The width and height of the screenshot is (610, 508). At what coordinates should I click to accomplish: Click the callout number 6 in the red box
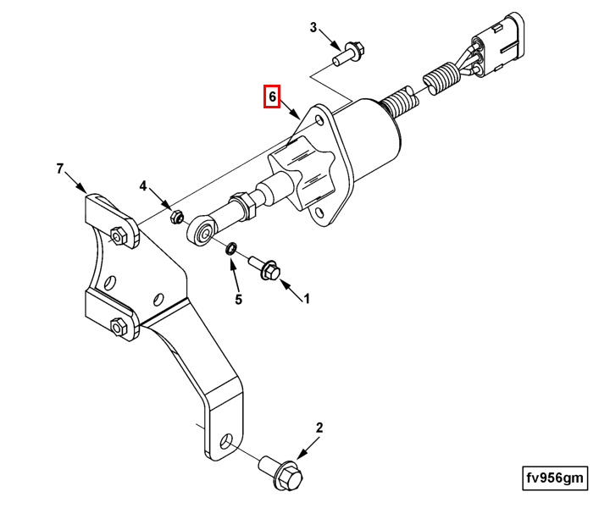[271, 97]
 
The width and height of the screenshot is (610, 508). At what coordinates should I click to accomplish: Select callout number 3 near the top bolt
[313, 28]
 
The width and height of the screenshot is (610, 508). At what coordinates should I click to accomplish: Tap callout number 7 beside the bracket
[60, 169]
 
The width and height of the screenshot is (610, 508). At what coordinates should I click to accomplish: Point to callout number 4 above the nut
[143, 186]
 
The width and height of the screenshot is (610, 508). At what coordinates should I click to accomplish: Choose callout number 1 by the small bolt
[307, 298]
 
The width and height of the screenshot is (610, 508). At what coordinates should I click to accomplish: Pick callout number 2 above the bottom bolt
[319, 428]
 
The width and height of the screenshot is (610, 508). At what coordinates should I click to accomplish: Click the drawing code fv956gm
[555, 478]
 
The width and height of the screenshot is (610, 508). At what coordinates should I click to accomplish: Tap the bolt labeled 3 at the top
[347, 53]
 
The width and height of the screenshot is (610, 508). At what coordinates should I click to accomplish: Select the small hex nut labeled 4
[177, 216]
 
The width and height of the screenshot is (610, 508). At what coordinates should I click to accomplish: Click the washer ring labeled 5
[230, 248]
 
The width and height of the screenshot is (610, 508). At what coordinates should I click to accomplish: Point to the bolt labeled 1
[267, 269]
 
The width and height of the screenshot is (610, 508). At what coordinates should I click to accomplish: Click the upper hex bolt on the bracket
[119, 235]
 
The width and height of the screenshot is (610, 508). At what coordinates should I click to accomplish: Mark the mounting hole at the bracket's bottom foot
[228, 443]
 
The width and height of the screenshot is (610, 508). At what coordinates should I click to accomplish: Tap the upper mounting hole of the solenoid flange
[320, 120]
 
